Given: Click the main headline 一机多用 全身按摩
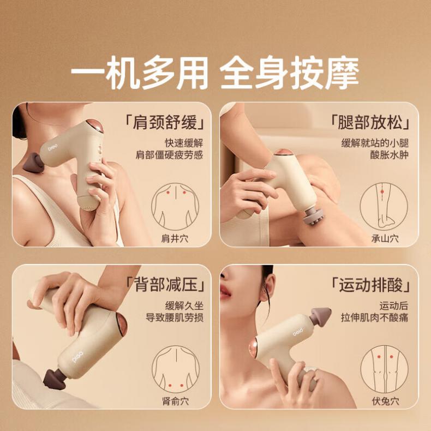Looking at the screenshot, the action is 215,73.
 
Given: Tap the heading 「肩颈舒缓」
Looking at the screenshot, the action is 165,122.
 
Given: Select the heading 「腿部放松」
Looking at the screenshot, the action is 370,122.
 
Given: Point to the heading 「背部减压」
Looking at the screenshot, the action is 165,284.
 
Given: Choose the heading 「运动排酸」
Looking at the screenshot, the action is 370,284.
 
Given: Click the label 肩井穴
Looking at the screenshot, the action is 175,238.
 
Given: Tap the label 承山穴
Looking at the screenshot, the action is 385,238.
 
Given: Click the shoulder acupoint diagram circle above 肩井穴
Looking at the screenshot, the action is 152,207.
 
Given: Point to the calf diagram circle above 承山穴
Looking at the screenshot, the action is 361,207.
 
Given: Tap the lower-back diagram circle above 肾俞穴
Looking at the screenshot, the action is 152,369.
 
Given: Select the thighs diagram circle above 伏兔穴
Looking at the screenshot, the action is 361,369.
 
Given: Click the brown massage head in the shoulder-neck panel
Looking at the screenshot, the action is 33,164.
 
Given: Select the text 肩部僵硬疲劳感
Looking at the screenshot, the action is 169,155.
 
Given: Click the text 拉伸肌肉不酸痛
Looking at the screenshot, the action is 374,318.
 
